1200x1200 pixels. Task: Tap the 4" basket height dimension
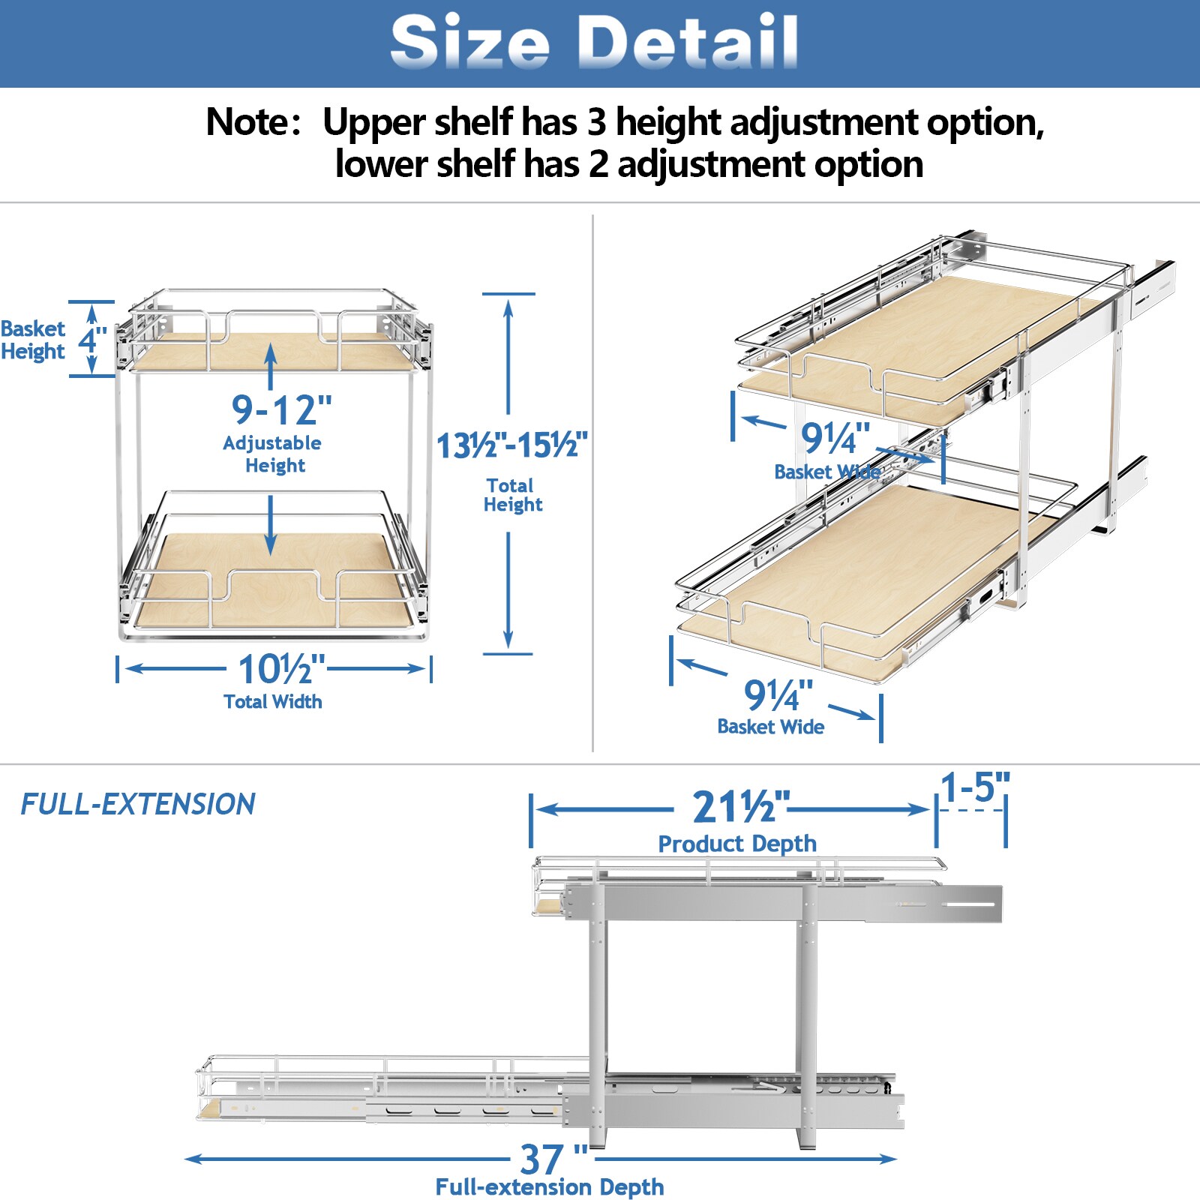pyautogui.click(x=93, y=339)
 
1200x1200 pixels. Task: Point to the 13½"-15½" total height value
pyautogui.click(x=511, y=445)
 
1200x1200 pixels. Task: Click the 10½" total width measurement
pyautogui.click(x=281, y=669)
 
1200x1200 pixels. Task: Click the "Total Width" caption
pyautogui.click(x=273, y=702)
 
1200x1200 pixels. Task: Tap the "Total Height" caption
pyautogui.click(x=512, y=495)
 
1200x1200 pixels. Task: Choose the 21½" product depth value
pyautogui.click(x=740, y=808)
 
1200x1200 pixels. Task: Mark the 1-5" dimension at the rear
pyautogui.click(x=974, y=787)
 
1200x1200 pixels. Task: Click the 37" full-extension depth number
pyautogui.click(x=553, y=1159)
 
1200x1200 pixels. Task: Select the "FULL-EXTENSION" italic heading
pyautogui.click(x=137, y=805)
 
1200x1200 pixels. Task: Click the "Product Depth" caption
pyautogui.click(x=737, y=844)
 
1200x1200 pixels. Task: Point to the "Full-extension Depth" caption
pyautogui.click(x=550, y=1187)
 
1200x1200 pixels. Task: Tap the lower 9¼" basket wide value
pyautogui.click(x=778, y=695)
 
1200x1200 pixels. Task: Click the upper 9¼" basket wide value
pyautogui.click(x=835, y=438)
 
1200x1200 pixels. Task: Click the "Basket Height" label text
pyautogui.click(x=33, y=340)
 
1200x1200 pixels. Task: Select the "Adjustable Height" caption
pyautogui.click(x=273, y=454)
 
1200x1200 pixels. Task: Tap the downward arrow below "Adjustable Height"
pyautogui.click(x=271, y=525)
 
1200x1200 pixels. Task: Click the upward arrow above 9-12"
pyautogui.click(x=271, y=364)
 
